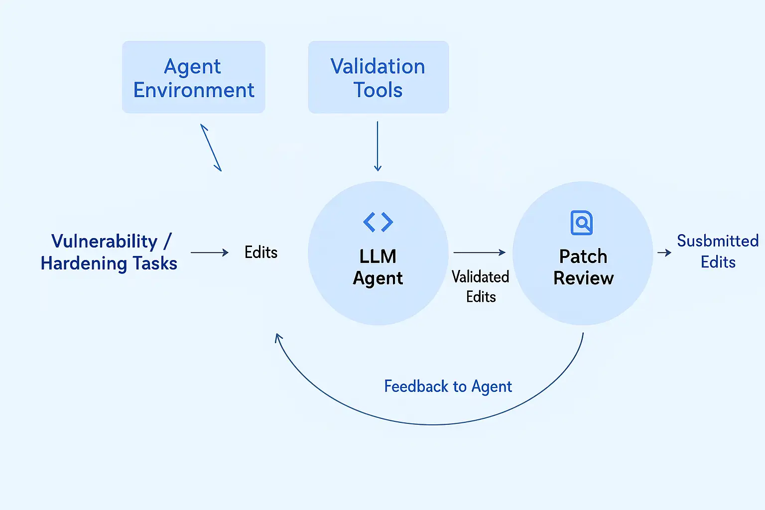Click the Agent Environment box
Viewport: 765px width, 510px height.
pos(193,77)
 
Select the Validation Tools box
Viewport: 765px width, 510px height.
pos(378,77)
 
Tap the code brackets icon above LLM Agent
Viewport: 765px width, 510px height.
pos(378,222)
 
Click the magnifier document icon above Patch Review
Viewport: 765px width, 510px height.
pos(581,223)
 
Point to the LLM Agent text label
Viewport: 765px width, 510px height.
pos(378,267)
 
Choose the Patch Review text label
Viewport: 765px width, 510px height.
pos(583,267)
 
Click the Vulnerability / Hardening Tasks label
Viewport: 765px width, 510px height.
pos(109,252)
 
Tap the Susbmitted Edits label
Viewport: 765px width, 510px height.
pos(718,252)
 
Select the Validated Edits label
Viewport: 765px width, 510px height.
pos(481,287)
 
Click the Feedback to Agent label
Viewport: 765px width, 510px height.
pos(448,386)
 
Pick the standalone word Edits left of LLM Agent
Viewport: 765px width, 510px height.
pos(261,253)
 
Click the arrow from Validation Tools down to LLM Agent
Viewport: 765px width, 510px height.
pos(378,146)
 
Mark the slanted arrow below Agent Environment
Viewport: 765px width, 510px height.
pos(211,147)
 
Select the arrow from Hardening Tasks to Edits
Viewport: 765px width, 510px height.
pos(209,253)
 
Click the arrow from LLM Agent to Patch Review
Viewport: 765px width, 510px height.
pos(479,253)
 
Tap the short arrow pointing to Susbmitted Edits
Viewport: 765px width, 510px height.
pos(664,253)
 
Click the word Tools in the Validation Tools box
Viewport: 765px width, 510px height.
pos(378,90)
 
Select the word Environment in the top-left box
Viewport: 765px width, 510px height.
pos(194,90)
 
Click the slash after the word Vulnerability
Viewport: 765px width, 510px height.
pos(167,241)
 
